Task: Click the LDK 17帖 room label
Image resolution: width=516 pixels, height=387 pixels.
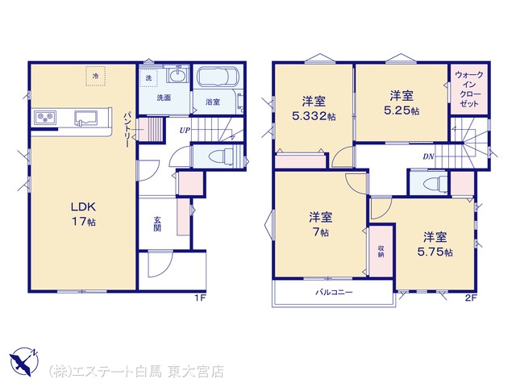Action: click(x=84, y=214)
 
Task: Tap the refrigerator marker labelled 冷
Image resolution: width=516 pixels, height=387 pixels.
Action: click(x=95, y=76)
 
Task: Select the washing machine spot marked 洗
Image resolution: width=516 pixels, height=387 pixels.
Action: click(x=148, y=78)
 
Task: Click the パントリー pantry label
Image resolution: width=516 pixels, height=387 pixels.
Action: click(x=127, y=130)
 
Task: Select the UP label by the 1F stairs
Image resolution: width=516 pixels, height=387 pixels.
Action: click(x=185, y=131)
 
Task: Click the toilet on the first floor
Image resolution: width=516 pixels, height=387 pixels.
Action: click(x=223, y=156)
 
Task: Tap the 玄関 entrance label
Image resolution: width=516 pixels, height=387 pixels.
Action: click(x=157, y=224)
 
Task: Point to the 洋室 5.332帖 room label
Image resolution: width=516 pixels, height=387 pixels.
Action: click(x=314, y=108)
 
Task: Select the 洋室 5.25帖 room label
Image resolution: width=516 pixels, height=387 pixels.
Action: click(x=402, y=103)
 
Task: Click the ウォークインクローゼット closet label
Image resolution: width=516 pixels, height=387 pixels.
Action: click(x=469, y=89)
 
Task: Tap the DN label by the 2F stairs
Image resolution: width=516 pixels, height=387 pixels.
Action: click(x=428, y=156)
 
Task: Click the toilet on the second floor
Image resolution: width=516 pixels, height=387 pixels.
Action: click(x=435, y=183)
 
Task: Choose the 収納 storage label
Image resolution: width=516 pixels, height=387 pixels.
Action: click(x=381, y=251)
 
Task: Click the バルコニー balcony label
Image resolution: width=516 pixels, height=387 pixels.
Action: click(x=334, y=292)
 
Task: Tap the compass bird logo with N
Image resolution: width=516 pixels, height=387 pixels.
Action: click(x=24, y=361)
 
